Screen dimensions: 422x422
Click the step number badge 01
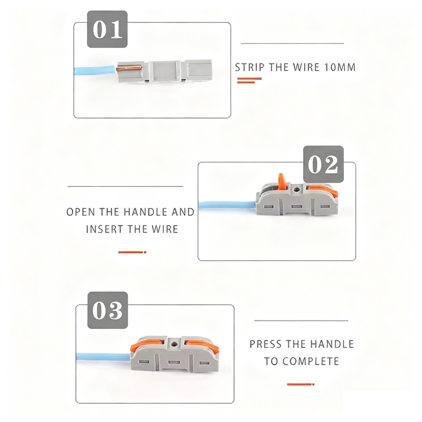(108, 30)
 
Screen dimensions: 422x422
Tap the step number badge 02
(323, 164)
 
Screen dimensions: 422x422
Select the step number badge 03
(107, 310)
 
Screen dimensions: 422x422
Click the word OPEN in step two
(81, 212)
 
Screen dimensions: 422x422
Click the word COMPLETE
(311, 361)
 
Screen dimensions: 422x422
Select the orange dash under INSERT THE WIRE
(132, 252)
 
